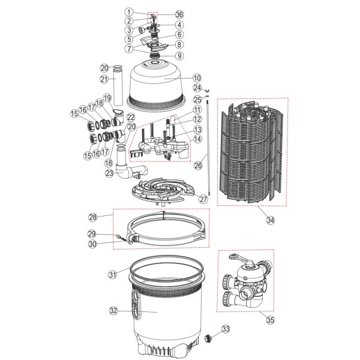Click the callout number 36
click(179, 14)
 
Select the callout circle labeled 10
click(197, 78)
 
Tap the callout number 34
click(271, 220)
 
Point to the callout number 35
click(271, 320)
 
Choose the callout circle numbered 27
click(203, 199)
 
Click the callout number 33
click(226, 329)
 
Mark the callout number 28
click(93, 217)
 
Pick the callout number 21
click(104, 79)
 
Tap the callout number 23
click(109, 173)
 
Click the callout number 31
click(113, 274)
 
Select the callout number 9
click(179, 56)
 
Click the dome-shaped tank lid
click(156, 86)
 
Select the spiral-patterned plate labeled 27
click(163, 190)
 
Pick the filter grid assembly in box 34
click(251, 152)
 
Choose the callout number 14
click(197, 139)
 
